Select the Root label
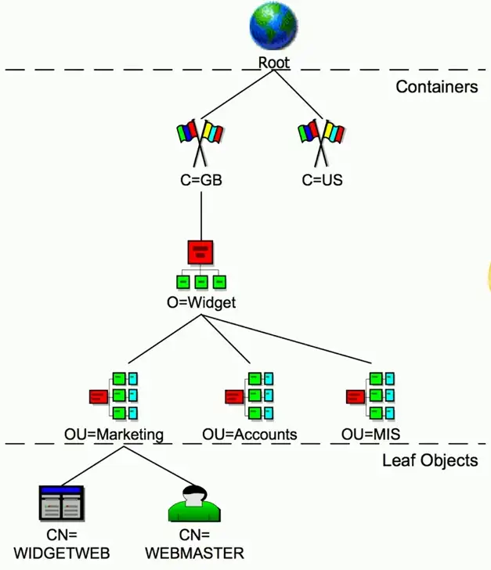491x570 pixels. [274, 63]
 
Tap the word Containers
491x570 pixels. [436, 87]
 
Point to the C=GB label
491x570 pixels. [201, 180]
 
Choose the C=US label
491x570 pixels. [322, 180]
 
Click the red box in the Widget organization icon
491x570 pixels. [201, 252]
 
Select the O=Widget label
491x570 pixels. [201, 302]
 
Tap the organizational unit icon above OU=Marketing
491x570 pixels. [114, 395]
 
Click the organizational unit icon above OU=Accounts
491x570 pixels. [250, 395]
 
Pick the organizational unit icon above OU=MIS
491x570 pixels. [371, 395]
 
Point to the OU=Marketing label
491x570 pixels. [114, 434]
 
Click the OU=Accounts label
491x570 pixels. [250, 434]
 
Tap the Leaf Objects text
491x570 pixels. [430, 460]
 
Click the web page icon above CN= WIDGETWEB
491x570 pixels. [60, 503]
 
